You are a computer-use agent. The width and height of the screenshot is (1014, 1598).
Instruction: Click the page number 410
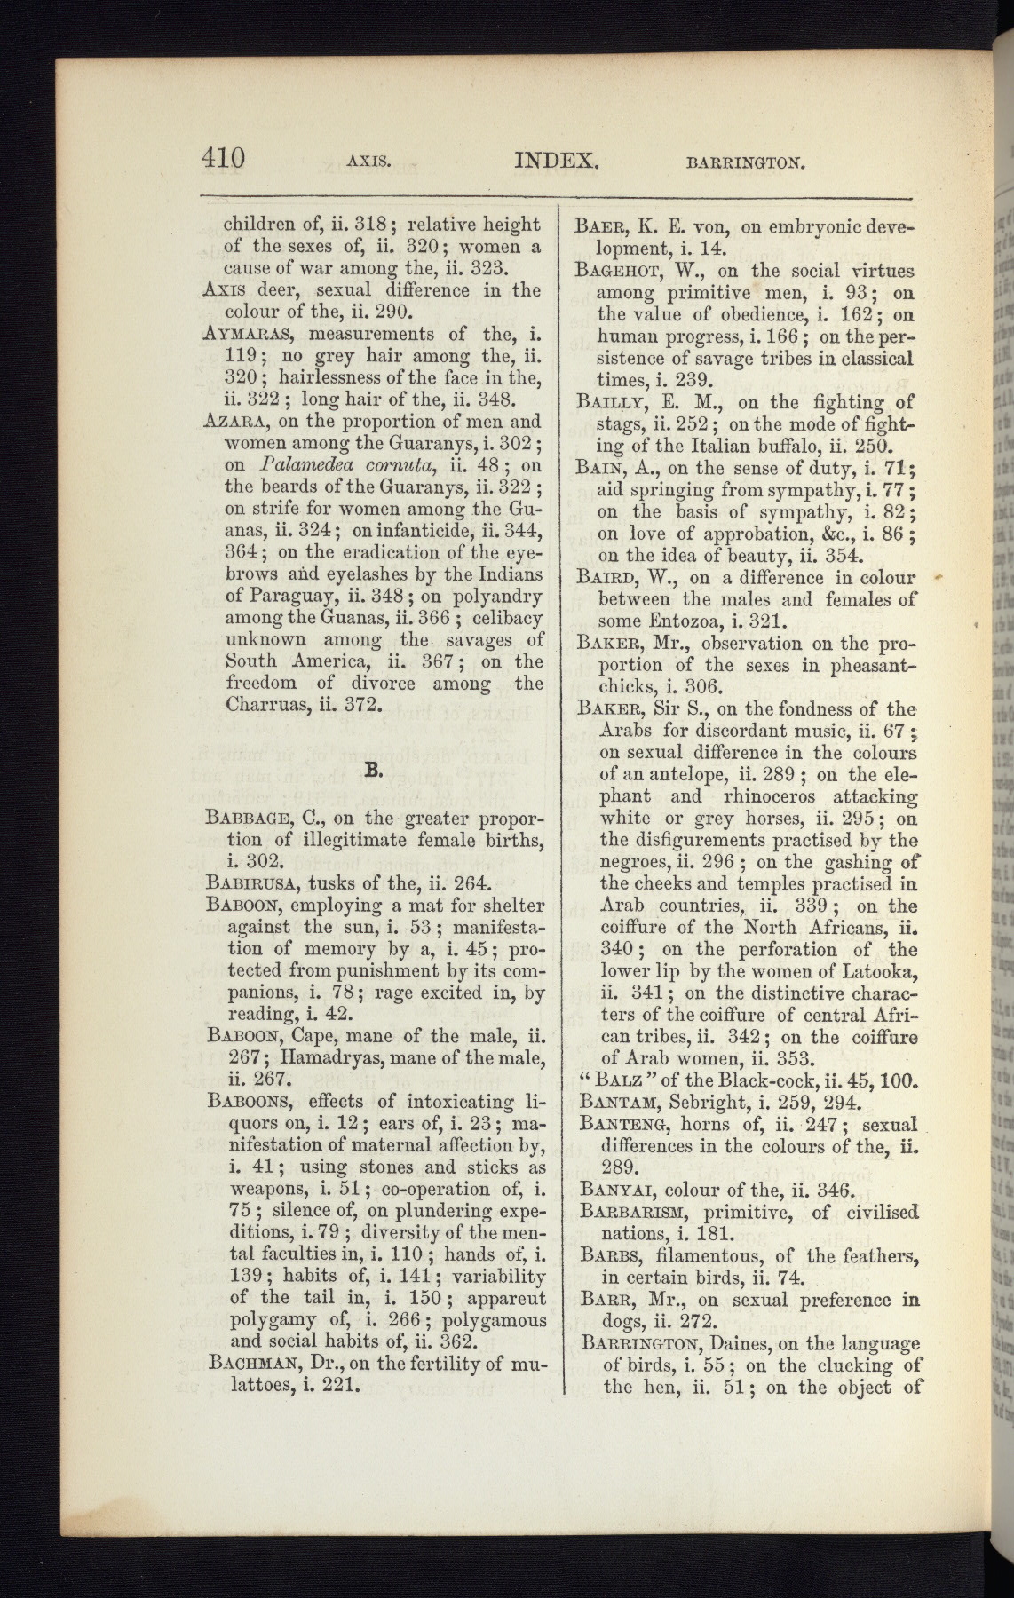(x=222, y=159)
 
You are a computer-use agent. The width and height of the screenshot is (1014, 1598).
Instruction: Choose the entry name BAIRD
(x=610, y=578)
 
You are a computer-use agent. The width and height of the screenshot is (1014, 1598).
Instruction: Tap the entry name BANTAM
(x=616, y=1104)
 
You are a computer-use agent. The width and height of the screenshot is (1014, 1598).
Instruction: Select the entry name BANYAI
(x=614, y=1190)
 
